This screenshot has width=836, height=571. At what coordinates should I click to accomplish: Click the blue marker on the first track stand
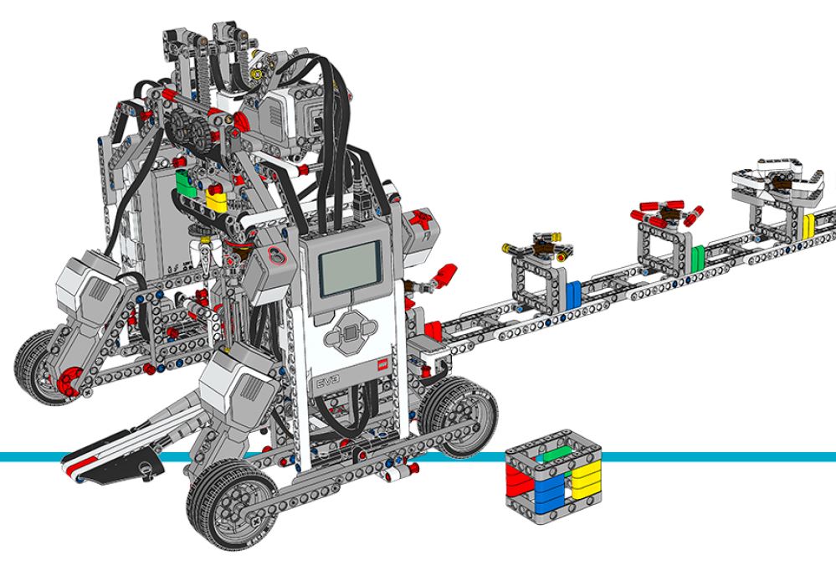(x=573, y=294)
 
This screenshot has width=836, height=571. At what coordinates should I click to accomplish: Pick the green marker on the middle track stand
(x=696, y=255)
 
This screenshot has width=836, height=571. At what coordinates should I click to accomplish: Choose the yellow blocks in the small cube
(x=582, y=484)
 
